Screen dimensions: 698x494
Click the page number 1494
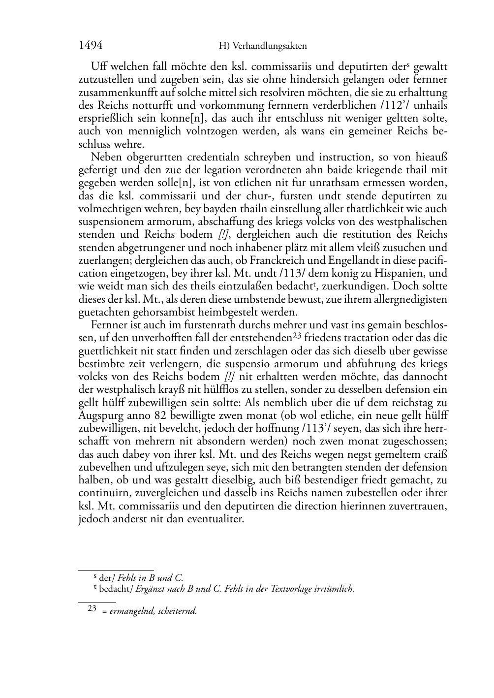90,46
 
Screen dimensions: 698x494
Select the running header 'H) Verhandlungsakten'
262,46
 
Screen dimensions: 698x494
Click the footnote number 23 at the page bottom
92,608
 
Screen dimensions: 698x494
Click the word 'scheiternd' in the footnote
178,611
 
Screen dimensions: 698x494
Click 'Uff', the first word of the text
98,66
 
